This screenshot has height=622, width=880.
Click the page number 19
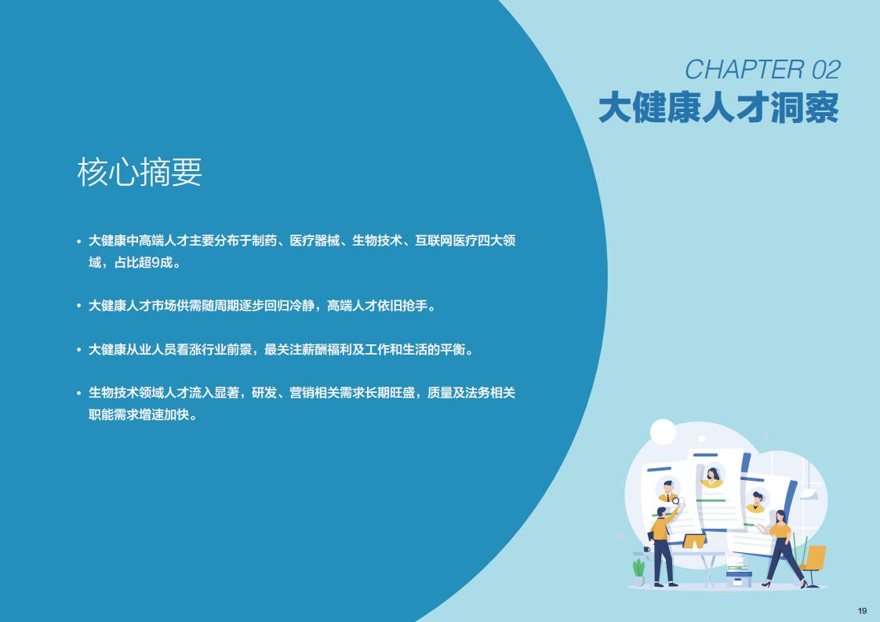tap(862, 611)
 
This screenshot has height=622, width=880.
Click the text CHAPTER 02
tap(762, 70)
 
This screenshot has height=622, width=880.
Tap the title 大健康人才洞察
tap(718, 107)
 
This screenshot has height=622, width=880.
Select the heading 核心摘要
tap(139, 172)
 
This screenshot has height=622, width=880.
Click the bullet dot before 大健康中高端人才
tap(79, 242)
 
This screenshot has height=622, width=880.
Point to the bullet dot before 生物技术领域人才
tap(79, 393)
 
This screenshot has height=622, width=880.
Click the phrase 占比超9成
tap(144, 263)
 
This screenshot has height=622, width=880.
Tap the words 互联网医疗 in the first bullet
tap(445, 241)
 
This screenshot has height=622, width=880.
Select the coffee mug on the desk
tap(646, 549)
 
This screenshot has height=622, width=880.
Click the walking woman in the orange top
tap(784, 548)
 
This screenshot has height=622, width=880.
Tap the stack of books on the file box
tap(737, 565)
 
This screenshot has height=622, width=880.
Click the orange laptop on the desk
tap(694, 542)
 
